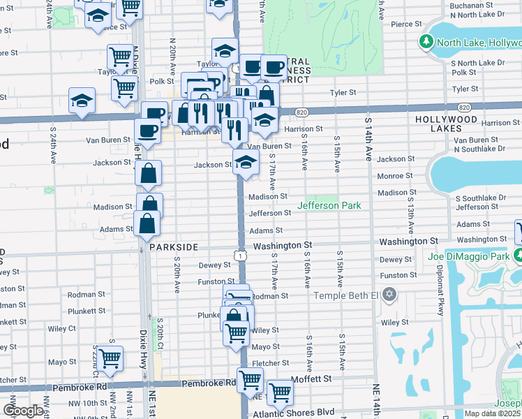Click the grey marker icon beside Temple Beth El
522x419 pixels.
389,295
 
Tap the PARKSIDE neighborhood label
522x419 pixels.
174,247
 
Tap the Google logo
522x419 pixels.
22,411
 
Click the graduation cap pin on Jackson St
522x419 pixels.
245,163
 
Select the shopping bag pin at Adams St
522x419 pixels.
147,223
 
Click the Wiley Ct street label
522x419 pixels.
62,328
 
